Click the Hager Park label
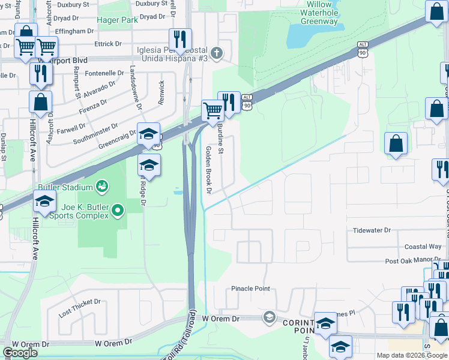click(x=118, y=19)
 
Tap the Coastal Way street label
click(x=423, y=247)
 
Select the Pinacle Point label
click(x=251, y=289)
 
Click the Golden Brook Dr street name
click(x=209, y=170)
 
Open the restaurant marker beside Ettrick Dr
click(x=179, y=40)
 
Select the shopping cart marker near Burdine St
click(x=212, y=110)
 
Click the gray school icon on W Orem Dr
click(x=270, y=316)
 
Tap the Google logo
click(x=20, y=353)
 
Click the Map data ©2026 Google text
click(x=411, y=355)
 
